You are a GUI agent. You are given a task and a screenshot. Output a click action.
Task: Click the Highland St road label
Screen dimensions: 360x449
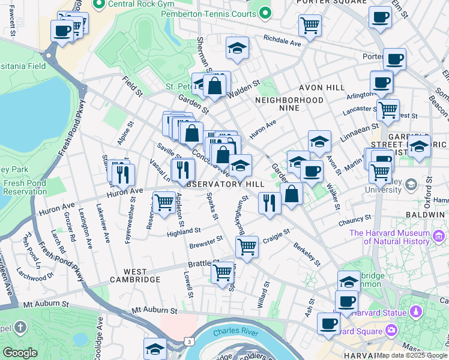tap(183, 232)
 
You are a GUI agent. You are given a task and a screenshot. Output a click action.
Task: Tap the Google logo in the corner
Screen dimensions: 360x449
tap(20, 353)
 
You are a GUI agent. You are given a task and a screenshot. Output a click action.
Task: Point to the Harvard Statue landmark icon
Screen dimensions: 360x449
tap(415, 312)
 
